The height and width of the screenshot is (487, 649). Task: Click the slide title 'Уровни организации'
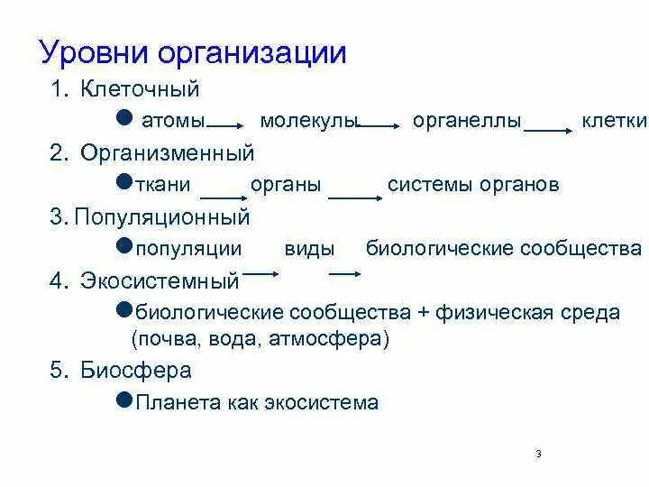coord(193,51)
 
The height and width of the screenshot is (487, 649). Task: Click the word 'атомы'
coord(171,122)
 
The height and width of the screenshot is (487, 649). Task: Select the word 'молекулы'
coord(309,122)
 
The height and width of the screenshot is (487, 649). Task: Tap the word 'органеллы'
coord(467,122)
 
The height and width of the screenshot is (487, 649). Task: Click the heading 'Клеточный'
coord(139,90)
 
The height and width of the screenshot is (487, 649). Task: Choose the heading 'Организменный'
coord(167,153)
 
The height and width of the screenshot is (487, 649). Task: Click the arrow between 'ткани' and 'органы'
coord(223,195)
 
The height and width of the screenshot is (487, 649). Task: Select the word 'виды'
coord(309,249)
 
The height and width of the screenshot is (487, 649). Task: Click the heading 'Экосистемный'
coord(160,280)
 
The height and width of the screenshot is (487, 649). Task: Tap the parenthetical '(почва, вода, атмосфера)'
coord(259,339)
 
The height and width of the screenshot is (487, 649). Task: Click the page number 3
coord(538,453)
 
